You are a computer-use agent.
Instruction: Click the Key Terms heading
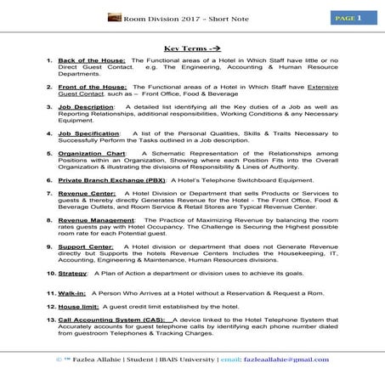coord(192,50)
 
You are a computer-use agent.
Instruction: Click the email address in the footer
coord(297,360)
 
